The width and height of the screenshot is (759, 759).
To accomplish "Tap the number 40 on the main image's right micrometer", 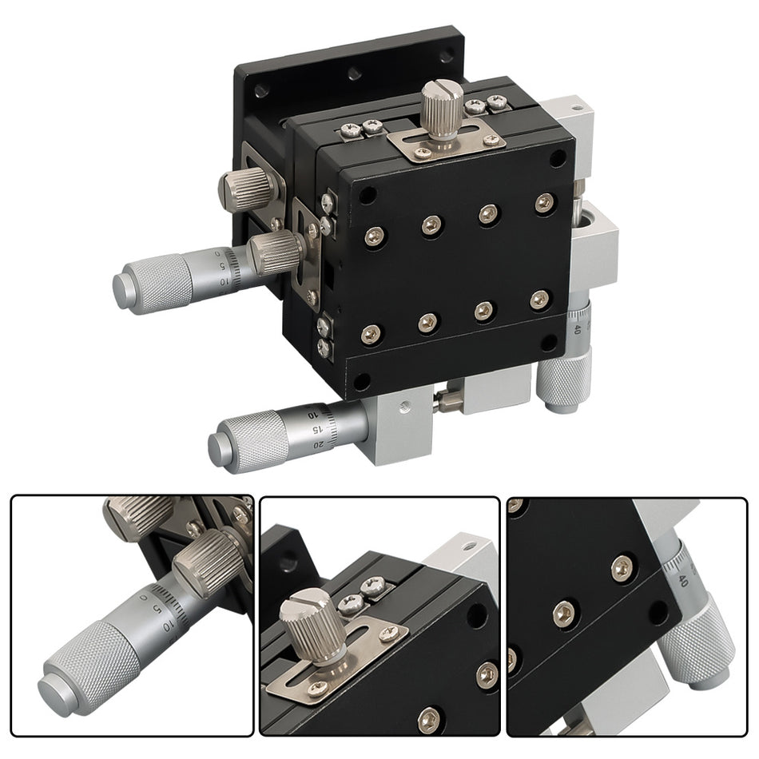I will coord(577,328).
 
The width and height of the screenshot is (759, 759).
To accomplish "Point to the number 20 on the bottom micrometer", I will coord(319,443).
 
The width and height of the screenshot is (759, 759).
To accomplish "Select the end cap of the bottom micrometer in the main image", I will coord(217,448).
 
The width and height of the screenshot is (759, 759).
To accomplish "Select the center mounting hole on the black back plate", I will coord(354,74).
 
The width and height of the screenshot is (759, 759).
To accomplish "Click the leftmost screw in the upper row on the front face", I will coord(374,236).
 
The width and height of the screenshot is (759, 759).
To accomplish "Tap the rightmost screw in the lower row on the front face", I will coord(539,300).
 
